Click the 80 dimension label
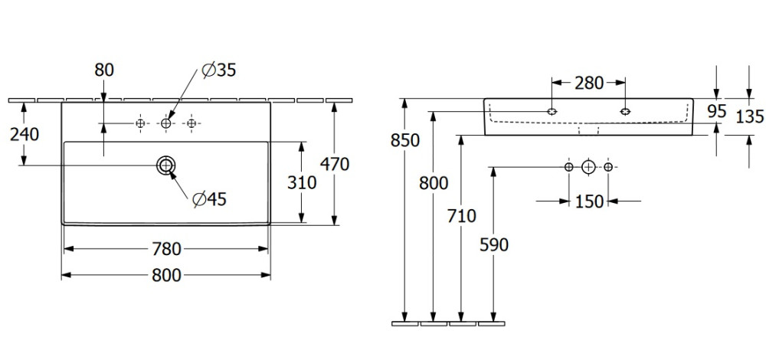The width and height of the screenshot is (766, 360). pyautogui.click(x=104, y=70)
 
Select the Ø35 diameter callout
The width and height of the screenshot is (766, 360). pyautogui.click(x=218, y=70)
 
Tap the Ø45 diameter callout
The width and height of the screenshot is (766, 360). pyautogui.click(x=209, y=199)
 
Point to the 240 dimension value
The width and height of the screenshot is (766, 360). pyautogui.click(x=25, y=134)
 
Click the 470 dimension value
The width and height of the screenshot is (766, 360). pyautogui.click(x=335, y=163)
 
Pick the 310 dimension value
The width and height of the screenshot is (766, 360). pyautogui.click(x=303, y=182)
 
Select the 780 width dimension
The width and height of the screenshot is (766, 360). pyautogui.click(x=165, y=249)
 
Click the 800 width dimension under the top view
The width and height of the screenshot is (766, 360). pyautogui.click(x=165, y=274)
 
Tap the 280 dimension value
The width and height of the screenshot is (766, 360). pyautogui.click(x=588, y=83)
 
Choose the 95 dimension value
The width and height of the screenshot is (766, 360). pyautogui.click(x=716, y=111)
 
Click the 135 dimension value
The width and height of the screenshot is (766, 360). pyautogui.click(x=749, y=116)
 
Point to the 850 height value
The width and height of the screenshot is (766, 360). pyautogui.click(x=404, y=140)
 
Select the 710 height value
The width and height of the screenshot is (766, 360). pyautogui.click(x=460, y=215)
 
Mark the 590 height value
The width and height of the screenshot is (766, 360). pyautogui.click(x=493, y=244)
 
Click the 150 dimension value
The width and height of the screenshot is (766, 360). pyautogui.click(x=588, y=201)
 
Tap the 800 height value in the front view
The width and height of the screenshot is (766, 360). pyautogui.click(x=434, y=183)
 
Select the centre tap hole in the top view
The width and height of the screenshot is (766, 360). pyautogui.click(x=165, y=123)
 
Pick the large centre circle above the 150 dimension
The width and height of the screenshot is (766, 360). pyautogui.click(x=588, y=166)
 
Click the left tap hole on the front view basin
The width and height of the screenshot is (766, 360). pyautogui.click(x=552, y=112)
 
